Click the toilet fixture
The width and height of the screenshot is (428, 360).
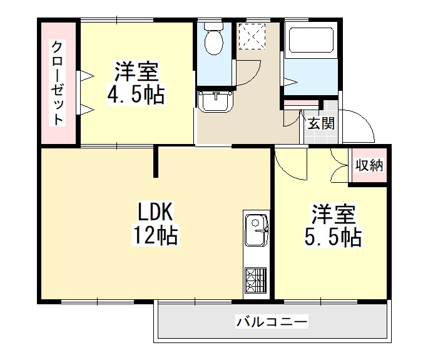[x=214, y=38]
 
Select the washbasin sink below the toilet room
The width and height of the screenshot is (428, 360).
[x=216, y=101]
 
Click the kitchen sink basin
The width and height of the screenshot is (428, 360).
[x=257, y=230]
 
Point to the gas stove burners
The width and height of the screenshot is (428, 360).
[x=256, y=280]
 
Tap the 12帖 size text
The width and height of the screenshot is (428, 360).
[x=155, y=235]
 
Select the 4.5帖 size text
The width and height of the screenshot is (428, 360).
[x=136, y=95]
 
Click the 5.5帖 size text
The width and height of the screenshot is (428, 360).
[x=333, y=237]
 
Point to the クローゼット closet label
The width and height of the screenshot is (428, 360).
[x=58, y=83]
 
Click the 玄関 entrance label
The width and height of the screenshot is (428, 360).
[x=321, y=123]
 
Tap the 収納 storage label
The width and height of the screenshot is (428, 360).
[x=369, y=165]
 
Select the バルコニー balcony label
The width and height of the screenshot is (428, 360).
[x=272, y=321]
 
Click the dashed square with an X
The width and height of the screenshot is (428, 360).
[x=252, y=36]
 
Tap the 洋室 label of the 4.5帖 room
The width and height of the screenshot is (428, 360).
[x=136, y=71]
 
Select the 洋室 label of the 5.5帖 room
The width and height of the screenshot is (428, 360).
[x=334, y=214]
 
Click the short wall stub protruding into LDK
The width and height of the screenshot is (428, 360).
[x=156, y=162]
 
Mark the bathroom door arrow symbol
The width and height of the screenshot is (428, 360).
[x=291, y=81]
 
